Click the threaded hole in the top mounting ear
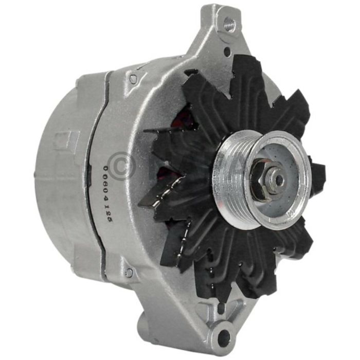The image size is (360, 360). point(229,23)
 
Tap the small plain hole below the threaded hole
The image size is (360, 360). point(227,51)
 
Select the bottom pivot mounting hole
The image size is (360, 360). point(224,337)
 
